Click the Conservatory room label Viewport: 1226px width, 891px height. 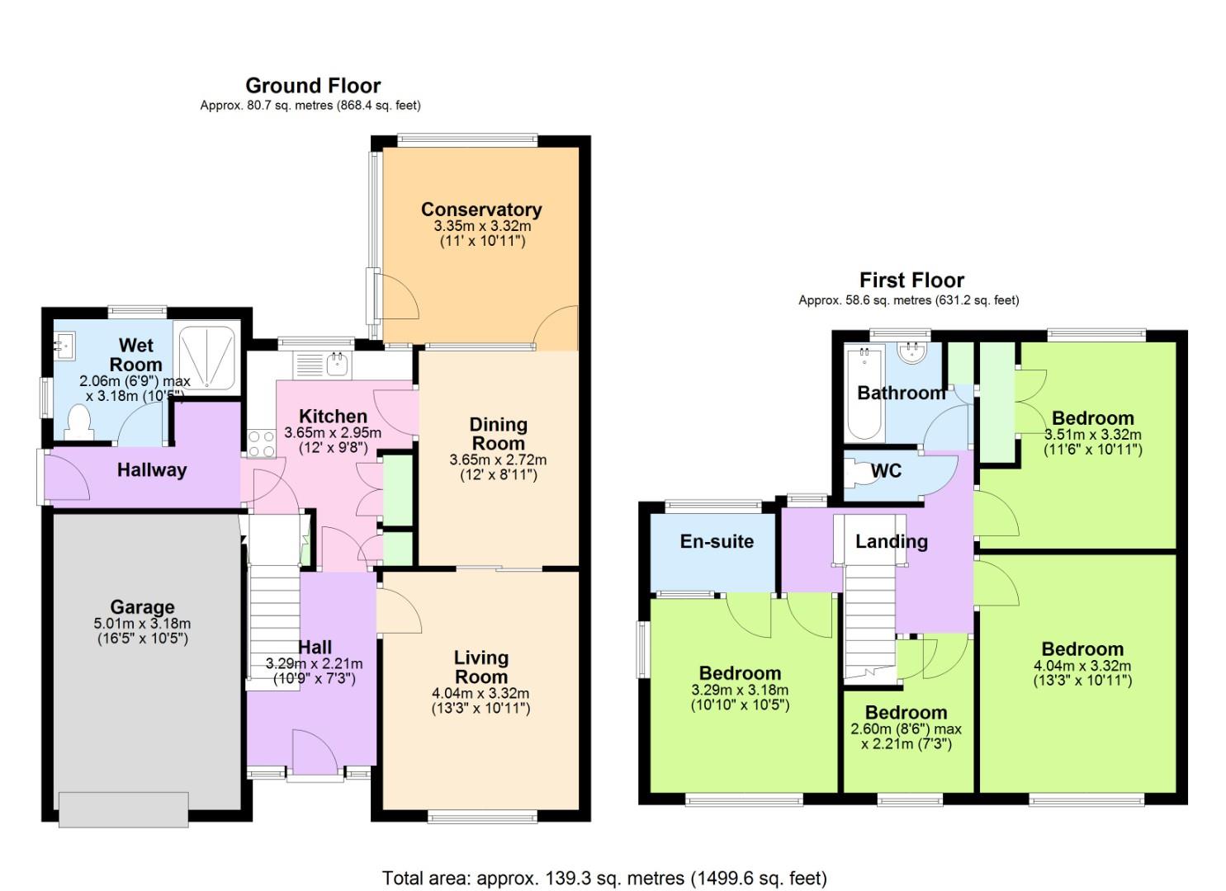(480, 210)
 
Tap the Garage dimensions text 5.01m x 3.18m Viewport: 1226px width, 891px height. (142, 624)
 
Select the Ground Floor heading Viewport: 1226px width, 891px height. (313, 86)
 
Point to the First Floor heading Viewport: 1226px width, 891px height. (911, 280)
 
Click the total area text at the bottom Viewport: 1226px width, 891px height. (604, 878)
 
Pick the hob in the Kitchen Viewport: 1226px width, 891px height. (261, 444)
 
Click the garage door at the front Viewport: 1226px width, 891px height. (123, 808)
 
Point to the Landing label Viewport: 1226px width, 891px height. (891, 541)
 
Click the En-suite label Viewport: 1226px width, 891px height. (717, 541)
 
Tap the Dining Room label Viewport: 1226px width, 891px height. (498, 434)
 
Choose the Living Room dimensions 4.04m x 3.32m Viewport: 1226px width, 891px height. (480, 693)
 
